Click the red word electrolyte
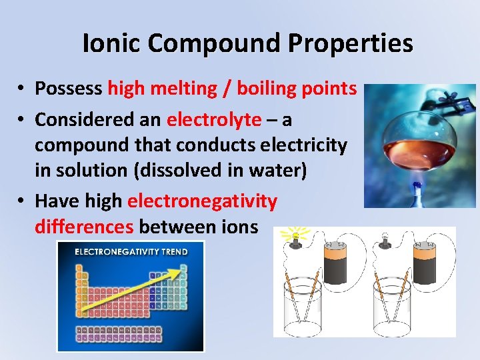point(214,119)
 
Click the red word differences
point(84,227)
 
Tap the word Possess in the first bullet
point(69,88)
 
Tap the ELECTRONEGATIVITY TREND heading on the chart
point(131,252)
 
